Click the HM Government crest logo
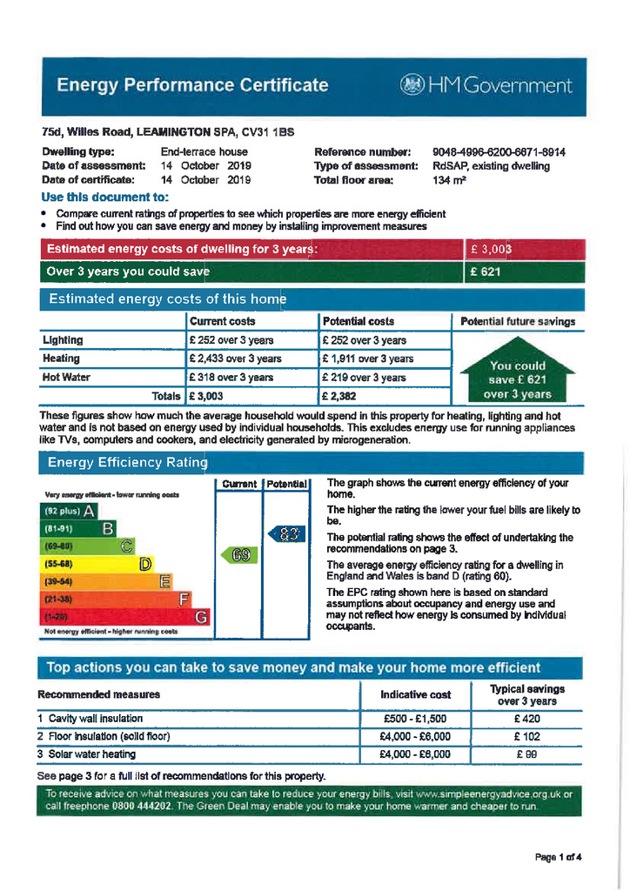pyautogui.click(x=410, y=85)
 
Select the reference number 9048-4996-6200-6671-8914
pyautogui.click(x=499, y=152)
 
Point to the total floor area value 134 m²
pyautogui.click(x=449, y=180)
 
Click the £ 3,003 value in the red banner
pyautogui.click(x=491, y=250)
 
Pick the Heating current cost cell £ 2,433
pyautogui.click(x=235, y=358)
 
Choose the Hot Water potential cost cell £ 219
pyautogui.click(x=364, y=378)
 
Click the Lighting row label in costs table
pyautogui.click(x=63, y=340)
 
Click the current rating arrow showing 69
pyautogui.click(x=240, y=554)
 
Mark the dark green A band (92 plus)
pyautogui.click(x=70, y=511)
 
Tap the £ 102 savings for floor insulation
pyautogui.click(x=526, y=736)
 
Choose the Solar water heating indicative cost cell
pyautogui.click(x=415, y=754)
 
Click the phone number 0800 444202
pyautogui.click(x=142, y=807)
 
